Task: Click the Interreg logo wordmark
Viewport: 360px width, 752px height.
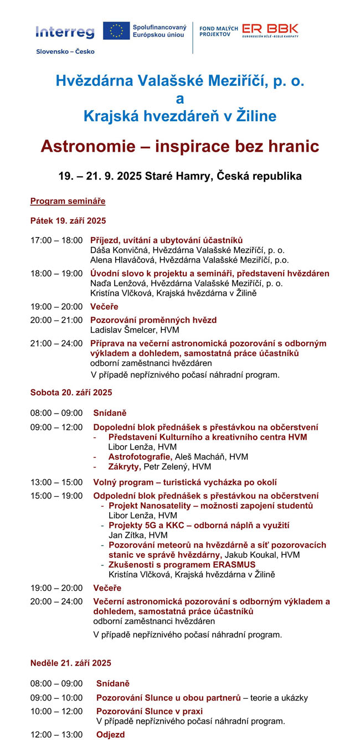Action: click(65, 32)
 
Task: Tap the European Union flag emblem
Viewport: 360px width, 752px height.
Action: click(116, 31)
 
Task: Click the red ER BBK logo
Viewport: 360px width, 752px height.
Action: click(270, 29)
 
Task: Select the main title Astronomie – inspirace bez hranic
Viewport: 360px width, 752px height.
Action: click(180, 147)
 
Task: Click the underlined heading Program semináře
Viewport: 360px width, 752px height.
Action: click(68, 201)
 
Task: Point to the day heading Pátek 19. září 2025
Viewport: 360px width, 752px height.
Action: click(68, 220)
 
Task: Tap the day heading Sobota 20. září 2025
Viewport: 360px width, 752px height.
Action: click(71, 393)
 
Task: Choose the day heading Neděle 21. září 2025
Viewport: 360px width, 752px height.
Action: click(71, 663)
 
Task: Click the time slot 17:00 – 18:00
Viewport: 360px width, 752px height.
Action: click(56, 240)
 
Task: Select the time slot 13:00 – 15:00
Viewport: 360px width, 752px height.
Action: click(56, 482)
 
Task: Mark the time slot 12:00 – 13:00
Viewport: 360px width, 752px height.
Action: click(56, 735)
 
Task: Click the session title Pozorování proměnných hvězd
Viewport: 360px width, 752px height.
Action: click(153, 320)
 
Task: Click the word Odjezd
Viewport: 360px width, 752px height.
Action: click(110, 735)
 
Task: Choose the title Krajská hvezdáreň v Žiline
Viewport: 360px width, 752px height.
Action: click(180, 116)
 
